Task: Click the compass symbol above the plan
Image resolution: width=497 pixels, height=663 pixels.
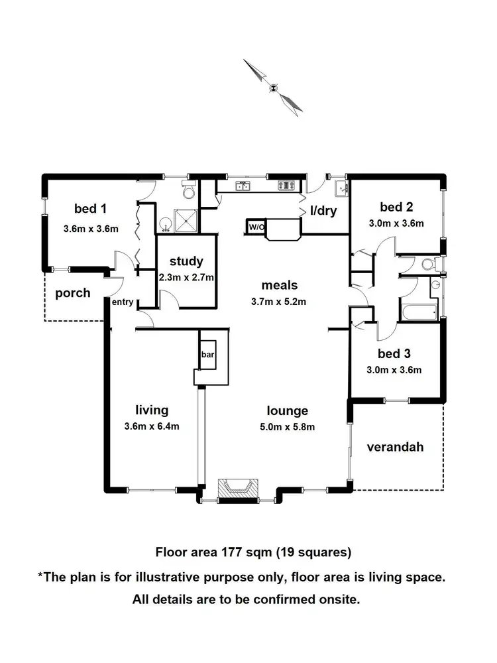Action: click(273, 86)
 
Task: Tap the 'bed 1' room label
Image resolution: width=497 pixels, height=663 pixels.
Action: click(90, 209)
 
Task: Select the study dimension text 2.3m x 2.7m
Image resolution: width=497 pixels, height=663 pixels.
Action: click(186, 278)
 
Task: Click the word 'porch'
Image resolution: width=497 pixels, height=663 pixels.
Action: click(72, 292)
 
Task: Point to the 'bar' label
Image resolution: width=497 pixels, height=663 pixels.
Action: click(207, 355)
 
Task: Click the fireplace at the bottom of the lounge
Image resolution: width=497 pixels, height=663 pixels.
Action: click(237, 487)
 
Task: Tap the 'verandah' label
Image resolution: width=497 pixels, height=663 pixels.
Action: click(395, 447)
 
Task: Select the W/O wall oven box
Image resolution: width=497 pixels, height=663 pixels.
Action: click(256, 227)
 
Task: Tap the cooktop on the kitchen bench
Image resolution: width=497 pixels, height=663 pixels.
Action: click(287, 186)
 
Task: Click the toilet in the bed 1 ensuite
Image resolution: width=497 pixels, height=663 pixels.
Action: click(189, 192)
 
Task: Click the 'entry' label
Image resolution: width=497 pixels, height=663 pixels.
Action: click(123, 302)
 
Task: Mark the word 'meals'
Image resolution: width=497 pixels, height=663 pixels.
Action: click(280, 286)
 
